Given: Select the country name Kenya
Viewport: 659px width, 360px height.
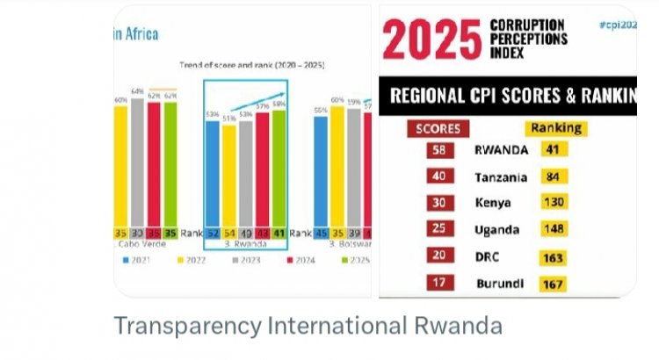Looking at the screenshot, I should pos(495,203).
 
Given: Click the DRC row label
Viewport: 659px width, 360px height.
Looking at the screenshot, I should pos(487,256).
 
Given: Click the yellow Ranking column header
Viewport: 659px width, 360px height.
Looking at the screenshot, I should pos(556,128).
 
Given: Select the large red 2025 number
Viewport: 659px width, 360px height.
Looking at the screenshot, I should pos(430,42).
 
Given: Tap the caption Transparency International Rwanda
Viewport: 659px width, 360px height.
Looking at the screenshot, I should pos(308,327).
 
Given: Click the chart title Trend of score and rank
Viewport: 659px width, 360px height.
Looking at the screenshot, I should pos(239,64).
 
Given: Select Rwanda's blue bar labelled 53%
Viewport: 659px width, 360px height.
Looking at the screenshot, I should pos(212,171).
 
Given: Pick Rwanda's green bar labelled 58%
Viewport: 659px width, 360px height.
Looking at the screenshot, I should pos(279,167).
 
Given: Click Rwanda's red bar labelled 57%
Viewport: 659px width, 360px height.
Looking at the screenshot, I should pos(262,169).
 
